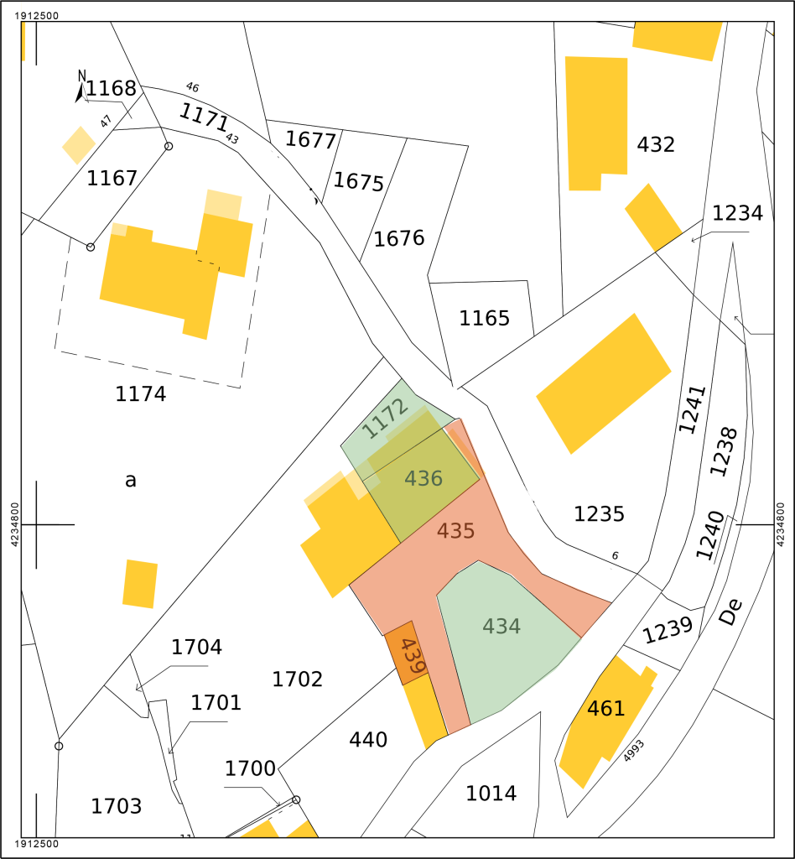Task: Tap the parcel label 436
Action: click(423, 479)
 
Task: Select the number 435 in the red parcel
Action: click(455, 531)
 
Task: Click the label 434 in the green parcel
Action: click(501, 626)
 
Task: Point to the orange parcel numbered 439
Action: click(412, 654)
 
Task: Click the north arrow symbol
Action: click(81, 86)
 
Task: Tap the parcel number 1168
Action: click(111, 88)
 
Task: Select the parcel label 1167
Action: click(112, 178)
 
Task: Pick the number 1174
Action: click(140, 393)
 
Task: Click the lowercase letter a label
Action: click(130, 481)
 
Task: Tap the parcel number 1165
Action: click(484, 319)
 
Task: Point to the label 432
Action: click(656, 145)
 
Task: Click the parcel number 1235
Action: click(599, 513)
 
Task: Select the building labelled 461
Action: click(605, 709)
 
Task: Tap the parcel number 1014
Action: click(491, 793)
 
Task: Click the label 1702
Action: click(297, 679)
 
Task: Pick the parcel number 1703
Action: click(116, 807)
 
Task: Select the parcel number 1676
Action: click(399, 238)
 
